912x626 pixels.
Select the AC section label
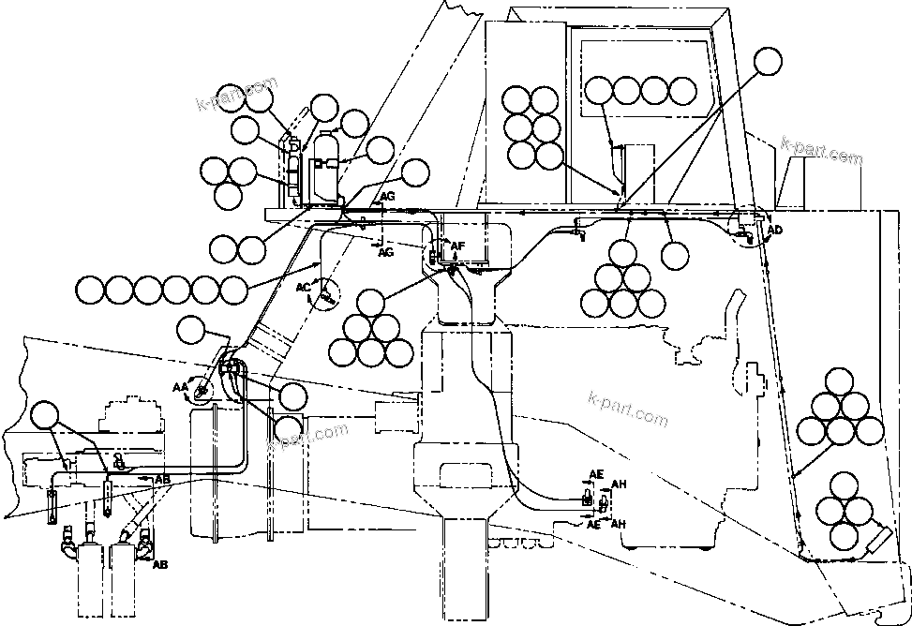[303, 287]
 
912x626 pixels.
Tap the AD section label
[774, 230]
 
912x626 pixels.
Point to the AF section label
[457, 246]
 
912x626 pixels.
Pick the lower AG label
[385, 252]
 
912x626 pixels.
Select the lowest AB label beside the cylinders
[160, 565]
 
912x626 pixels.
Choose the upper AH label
[619, 484]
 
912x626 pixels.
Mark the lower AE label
[593, 526]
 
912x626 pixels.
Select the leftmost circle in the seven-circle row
[91, 290]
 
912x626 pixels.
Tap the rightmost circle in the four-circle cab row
[681, 91]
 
